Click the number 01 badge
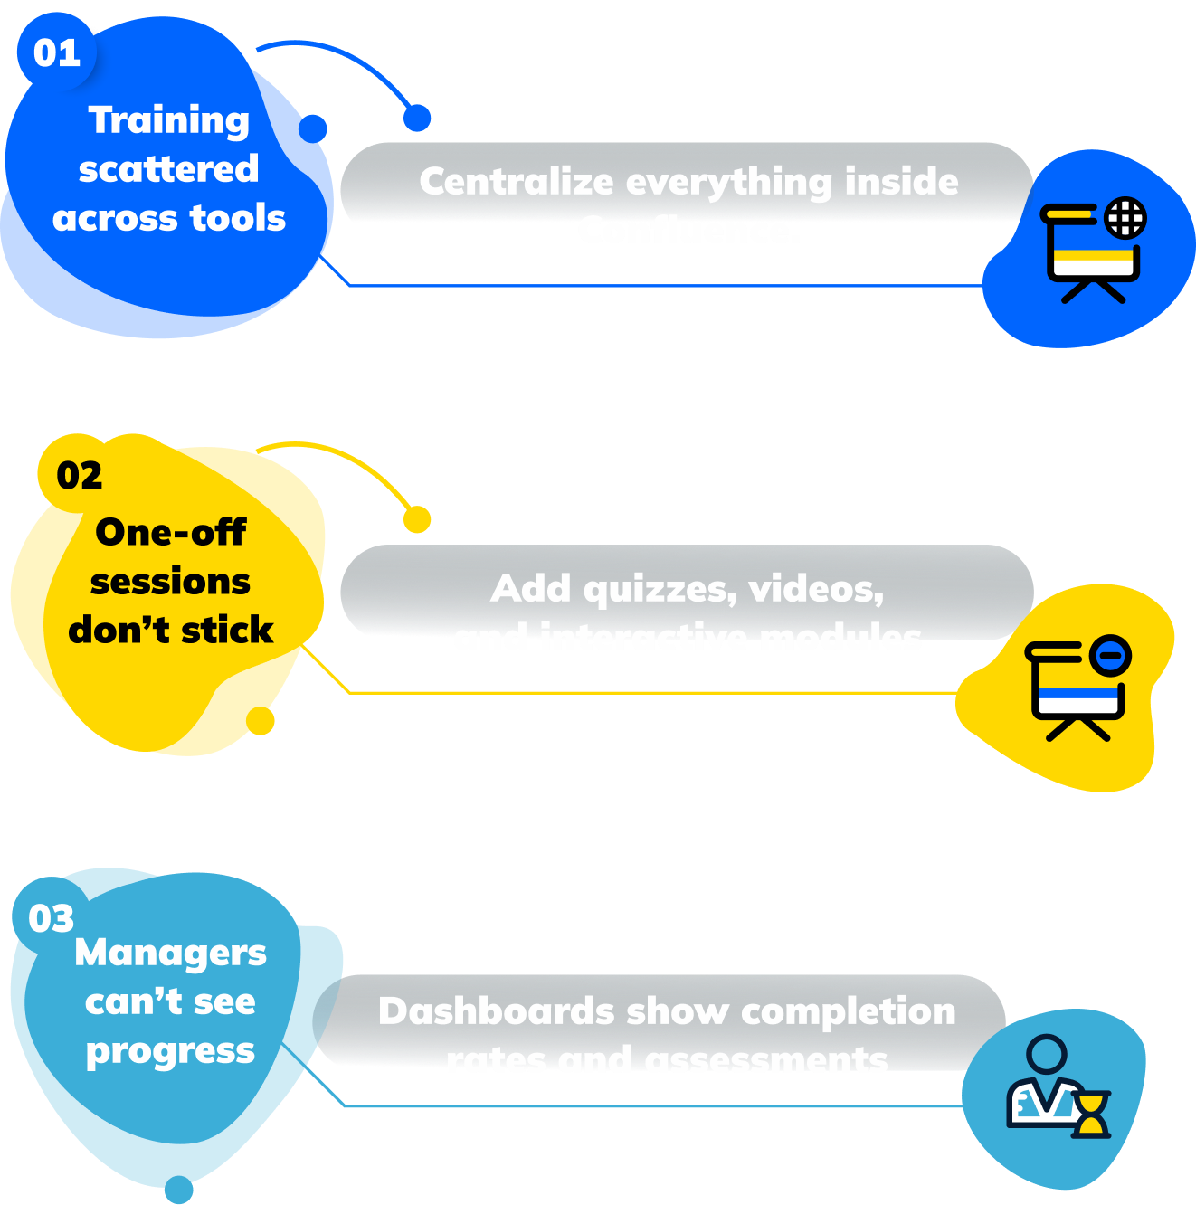pyautogui.click(x=57, y=52)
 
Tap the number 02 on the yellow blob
pyautogui.click(x=80, y=476)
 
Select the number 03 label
pyautogui.click(x=52, y=919)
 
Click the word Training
pyautogui.click(x=169, y=120)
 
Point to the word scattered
pyautogui.click(x=169, y=169)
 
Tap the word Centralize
pyautogui.click(x=517, y=182)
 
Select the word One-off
pyautogui.click(x=170, y=533)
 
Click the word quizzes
pyautogui.click(x=660, y=590)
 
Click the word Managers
pyautogui.click(x=171, y=953)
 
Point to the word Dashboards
pyautogui.click(x=497, y=1011)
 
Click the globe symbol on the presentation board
pyautogui.click(x=1125, y=218)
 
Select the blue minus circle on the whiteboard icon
pyautogui.click(x=1110, y=653)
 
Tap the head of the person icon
pyautogui.click(x=1047, y=1054)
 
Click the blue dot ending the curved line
pyautogui.click(x=417, y=118)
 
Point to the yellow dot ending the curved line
pyautogui.click(x=417, y=519)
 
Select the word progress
pyautogui.click(x=171, y=1051)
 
